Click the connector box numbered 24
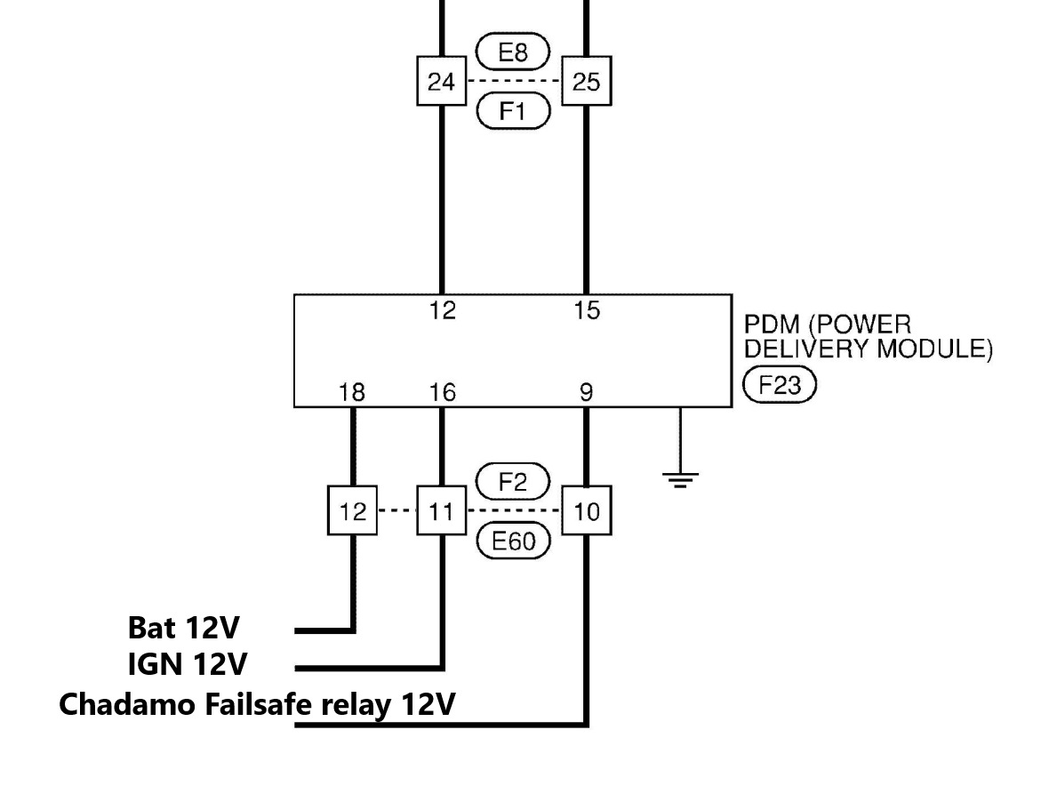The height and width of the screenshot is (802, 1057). coord(441,83)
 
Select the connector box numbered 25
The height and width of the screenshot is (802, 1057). coord(587,83)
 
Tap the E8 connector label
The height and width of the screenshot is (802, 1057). coord(514,53)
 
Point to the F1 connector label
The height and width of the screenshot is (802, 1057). coord(514,112)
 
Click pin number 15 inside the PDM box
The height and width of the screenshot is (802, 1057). coord(587,310)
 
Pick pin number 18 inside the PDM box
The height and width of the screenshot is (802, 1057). coord(353,392)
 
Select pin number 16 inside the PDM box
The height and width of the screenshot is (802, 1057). coord(441,392)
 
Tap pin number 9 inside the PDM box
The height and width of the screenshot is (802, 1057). coord(587,392)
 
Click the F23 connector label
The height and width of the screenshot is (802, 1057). coord(779,387)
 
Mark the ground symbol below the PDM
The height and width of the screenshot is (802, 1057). coord(680,479)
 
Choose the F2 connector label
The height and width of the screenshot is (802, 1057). coord(514,483)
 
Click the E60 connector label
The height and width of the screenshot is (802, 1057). coord(514,541)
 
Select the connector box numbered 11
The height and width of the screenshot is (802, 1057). coord(441,511)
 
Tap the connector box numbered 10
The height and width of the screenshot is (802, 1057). coord(587,511)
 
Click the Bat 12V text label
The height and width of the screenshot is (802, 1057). coord(184,629)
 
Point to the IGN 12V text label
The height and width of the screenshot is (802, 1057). coord(188,664)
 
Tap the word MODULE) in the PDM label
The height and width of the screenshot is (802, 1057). coord(934,349)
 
